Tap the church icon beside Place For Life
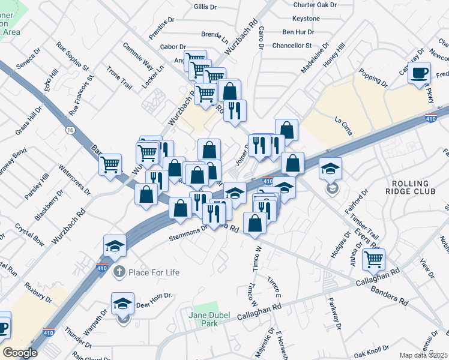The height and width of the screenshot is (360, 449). (x=120, y=272)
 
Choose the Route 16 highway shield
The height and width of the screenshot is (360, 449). (x=71, y=130)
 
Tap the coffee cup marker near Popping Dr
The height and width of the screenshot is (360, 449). (x=419, y=73)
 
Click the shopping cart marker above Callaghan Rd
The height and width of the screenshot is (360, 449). (x=373, y=259)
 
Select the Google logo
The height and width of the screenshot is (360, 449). (x=20, y=353)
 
